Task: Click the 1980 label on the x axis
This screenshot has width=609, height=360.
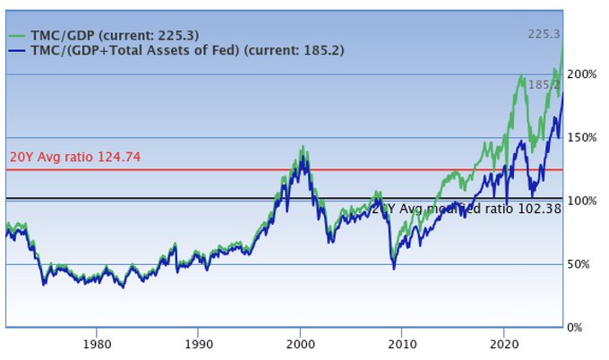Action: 97,342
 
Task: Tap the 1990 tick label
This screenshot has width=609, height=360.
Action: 198,342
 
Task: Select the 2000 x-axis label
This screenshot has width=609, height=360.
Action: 300,342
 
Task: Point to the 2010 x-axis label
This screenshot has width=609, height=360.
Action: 402,342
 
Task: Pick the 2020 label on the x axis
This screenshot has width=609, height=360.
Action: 504,342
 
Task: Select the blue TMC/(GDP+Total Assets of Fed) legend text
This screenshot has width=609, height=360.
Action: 188,50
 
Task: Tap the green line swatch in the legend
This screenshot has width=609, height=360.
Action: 17,36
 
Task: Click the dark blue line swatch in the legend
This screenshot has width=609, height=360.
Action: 17,51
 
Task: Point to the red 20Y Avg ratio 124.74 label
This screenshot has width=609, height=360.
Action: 75,157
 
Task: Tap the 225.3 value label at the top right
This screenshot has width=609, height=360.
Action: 544,35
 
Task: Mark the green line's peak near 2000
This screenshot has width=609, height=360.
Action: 303,147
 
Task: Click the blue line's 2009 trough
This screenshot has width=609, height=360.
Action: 393,268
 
